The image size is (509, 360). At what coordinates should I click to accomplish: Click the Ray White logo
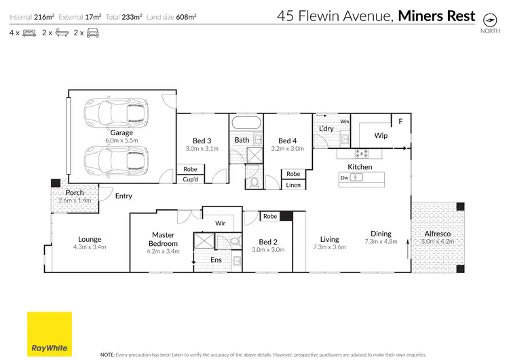pos(50,334)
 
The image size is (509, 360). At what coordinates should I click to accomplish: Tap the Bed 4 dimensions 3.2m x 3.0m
pos(288,148)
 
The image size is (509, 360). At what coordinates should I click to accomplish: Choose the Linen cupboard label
pos(293,185)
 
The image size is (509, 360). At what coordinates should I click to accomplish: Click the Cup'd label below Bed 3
pos(191,179)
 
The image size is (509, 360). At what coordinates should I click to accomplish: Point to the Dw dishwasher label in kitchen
pos(344,178)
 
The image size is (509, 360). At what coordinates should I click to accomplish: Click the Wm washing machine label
pos(344,122)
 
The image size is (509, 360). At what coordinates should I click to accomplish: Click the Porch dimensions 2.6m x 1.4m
pos(75,201)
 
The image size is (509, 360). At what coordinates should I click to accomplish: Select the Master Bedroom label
pos(164,239)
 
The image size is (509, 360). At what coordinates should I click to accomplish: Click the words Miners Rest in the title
pos(437,16)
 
